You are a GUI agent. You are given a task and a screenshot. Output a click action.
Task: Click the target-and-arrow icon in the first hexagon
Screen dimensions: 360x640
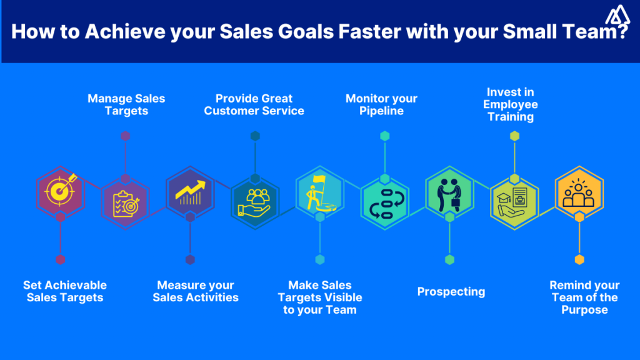coord(60,189)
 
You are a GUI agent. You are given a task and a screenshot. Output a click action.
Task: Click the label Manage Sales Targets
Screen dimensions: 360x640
coord(126,104)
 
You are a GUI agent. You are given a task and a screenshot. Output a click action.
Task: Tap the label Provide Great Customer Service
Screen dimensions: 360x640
coord(254,104)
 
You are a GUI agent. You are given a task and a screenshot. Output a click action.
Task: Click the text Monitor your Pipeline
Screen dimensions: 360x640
coord(381,104)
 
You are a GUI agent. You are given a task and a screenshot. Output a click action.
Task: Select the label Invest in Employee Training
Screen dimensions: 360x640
coord(511,104)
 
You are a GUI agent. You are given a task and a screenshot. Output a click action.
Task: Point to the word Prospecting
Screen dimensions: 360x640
coord(451,291)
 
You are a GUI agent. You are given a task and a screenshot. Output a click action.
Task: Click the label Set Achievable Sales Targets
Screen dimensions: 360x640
coord(65,291)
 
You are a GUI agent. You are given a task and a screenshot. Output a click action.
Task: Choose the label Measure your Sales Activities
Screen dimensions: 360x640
coord(196,291)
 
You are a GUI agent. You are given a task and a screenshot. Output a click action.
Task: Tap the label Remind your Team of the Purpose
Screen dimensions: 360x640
coord(584,297)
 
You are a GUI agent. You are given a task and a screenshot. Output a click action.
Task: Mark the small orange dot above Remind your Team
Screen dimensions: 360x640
coord(579,259)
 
